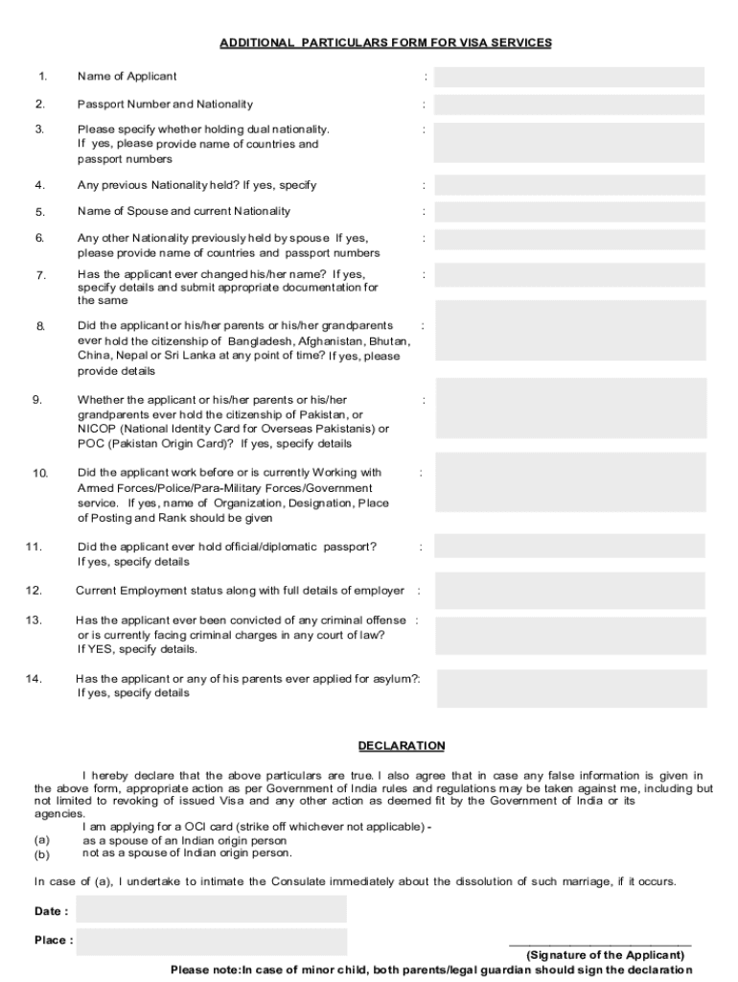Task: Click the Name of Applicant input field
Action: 569,77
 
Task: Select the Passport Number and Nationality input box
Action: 569,104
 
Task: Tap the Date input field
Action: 211,910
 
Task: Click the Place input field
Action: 211,941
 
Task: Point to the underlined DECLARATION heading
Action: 402,745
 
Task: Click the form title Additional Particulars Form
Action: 385,43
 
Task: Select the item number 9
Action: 36,400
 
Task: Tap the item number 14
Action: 35,679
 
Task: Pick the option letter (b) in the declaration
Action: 41,853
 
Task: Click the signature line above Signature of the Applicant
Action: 600,945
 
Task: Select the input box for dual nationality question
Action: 569,142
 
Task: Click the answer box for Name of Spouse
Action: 569,212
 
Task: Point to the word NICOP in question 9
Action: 96,429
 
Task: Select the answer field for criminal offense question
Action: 571,635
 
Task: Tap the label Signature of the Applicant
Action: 605,955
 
